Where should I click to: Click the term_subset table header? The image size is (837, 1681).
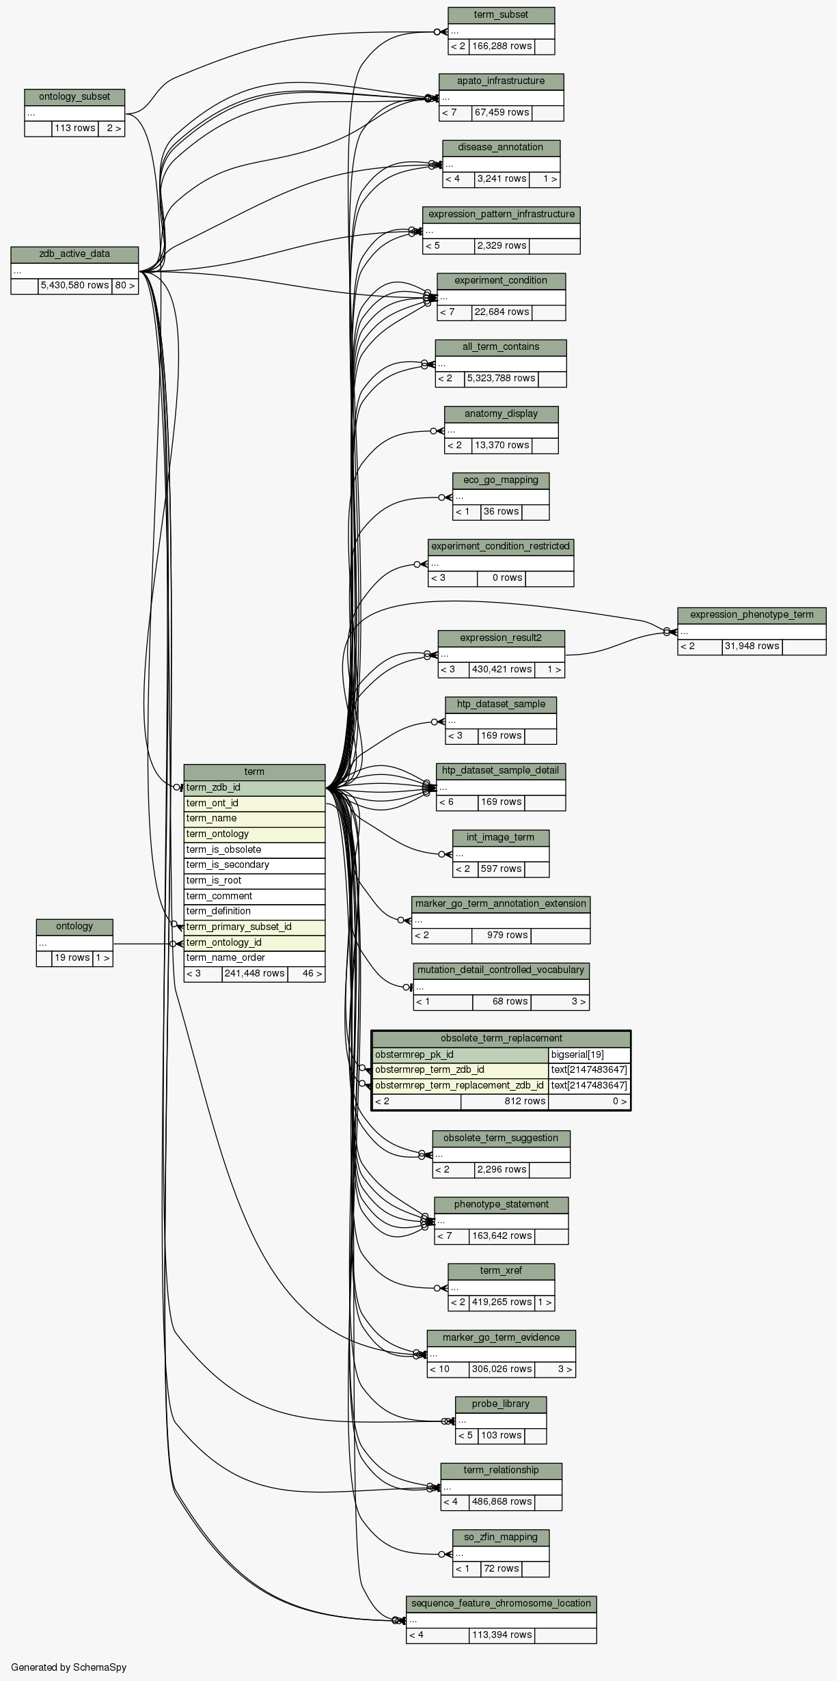[x=501, y=15]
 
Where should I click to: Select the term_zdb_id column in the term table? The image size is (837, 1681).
[x=253, y=788]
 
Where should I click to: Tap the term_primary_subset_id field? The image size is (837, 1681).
[x=253, y=927]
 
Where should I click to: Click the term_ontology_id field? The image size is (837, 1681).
[x=253, y=943]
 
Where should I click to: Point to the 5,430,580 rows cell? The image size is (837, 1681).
[x=74, y=286]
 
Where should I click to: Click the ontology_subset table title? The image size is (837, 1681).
[x=74, y=97]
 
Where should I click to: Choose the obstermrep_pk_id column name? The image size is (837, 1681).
[x=460, y=1054]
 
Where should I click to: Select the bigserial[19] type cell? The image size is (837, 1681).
[x=588, y=1054]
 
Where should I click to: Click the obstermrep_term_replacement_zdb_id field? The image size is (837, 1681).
[x=460, y=1085]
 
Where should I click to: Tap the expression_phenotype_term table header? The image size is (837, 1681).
[x=752, y=615]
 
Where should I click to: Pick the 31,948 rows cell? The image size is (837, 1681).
[x=752, y=646]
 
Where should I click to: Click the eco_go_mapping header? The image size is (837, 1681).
[x=501, y=480]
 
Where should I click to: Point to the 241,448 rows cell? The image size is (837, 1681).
[x=254, y=974]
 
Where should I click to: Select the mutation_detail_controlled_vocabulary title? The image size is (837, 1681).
[x=501, y=970]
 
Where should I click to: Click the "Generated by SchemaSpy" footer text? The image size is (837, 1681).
[x=68, y=1667]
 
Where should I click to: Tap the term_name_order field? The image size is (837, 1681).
[x=253, y=958]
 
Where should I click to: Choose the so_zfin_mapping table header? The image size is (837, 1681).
[x=501, y=1537]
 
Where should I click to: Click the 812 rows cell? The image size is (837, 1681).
[x=504, y=1101]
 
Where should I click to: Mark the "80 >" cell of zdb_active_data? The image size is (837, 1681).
[x=125, y=286]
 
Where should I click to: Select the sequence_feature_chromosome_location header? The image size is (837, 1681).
[x=501, y=1604]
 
